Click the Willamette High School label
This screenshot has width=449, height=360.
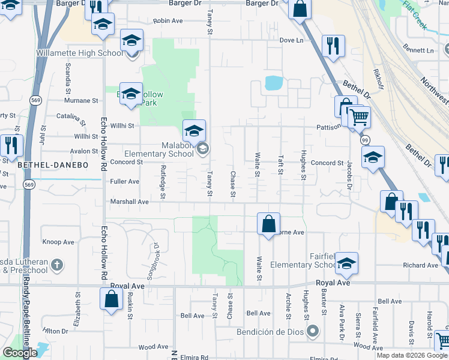(x=79, y=53)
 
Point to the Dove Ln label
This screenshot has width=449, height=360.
(x=292, y=40)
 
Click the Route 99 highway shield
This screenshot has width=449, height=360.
(x=365, y=139)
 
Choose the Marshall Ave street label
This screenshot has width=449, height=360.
(x=129, y=202)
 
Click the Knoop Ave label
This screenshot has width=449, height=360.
(x=58, y=242)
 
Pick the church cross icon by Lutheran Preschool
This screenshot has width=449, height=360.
(x=56, y=264)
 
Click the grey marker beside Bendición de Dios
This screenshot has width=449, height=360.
(x=312, y=331)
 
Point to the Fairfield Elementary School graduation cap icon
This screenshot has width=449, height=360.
(x=346, y=263)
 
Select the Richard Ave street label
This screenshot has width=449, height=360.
(x=421, y=265)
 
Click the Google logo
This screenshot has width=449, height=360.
(x=19, y=353)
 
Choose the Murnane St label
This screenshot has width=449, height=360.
(x=82, y=101)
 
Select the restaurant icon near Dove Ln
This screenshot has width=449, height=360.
(x=333, y=45)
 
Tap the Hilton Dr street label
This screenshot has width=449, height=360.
(x=55, y=331)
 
